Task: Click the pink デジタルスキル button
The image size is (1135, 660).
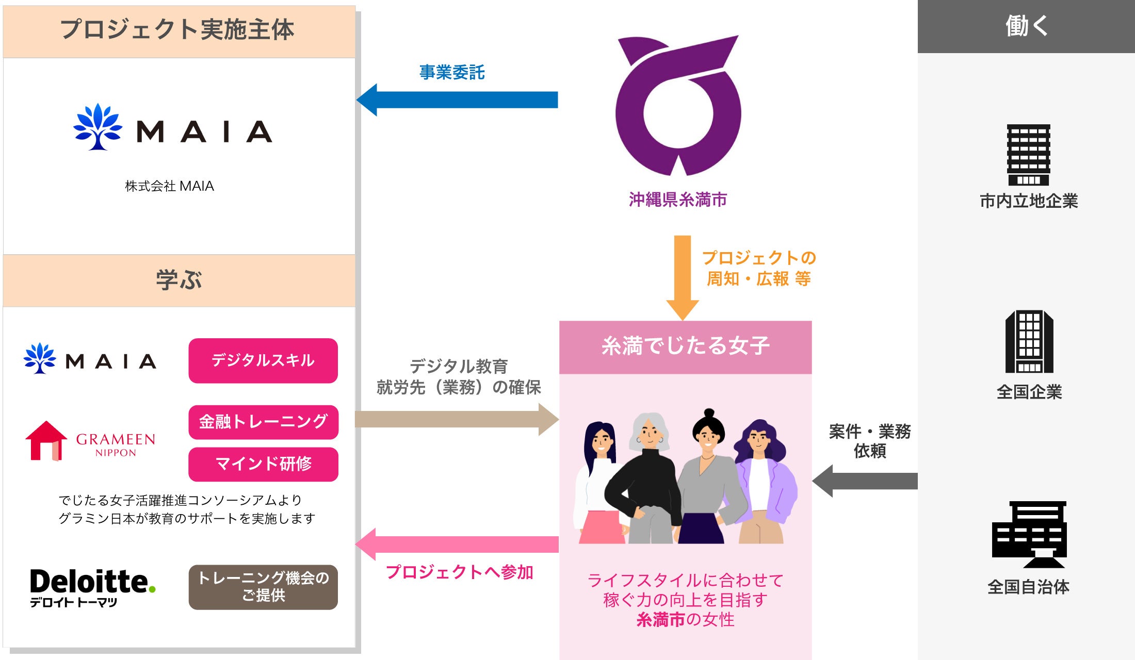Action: click(263, 360)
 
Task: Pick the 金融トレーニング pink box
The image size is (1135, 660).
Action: click(263, 422)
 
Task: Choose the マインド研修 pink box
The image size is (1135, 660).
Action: click(263, 464)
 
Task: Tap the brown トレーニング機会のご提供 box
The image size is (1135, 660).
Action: click(263, 587)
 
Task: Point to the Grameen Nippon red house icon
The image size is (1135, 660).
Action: click(46, 441)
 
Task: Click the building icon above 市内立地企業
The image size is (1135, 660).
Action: click(1028, 155)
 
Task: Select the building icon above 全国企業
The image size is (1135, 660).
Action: click(1029, 341)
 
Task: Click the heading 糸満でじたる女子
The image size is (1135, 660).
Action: click(685, 346)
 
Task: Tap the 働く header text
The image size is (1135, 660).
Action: click(1026, 26)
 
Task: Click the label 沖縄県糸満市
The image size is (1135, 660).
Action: click(678, 200)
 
